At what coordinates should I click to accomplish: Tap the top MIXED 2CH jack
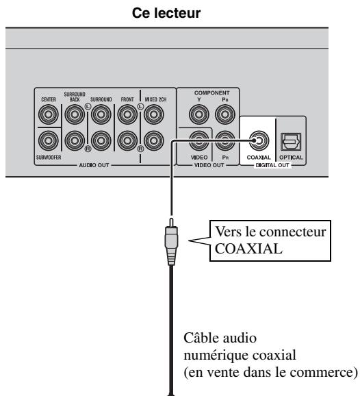pyautogui.click(x=153, y=114)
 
